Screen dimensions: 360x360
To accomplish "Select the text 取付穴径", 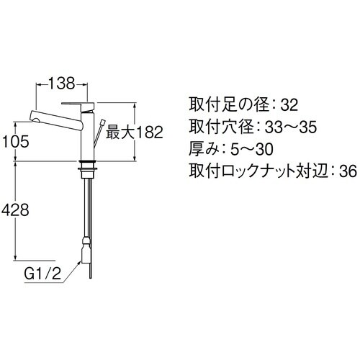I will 210,129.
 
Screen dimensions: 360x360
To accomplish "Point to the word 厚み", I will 204,150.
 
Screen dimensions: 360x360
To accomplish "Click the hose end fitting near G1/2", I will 85,252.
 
